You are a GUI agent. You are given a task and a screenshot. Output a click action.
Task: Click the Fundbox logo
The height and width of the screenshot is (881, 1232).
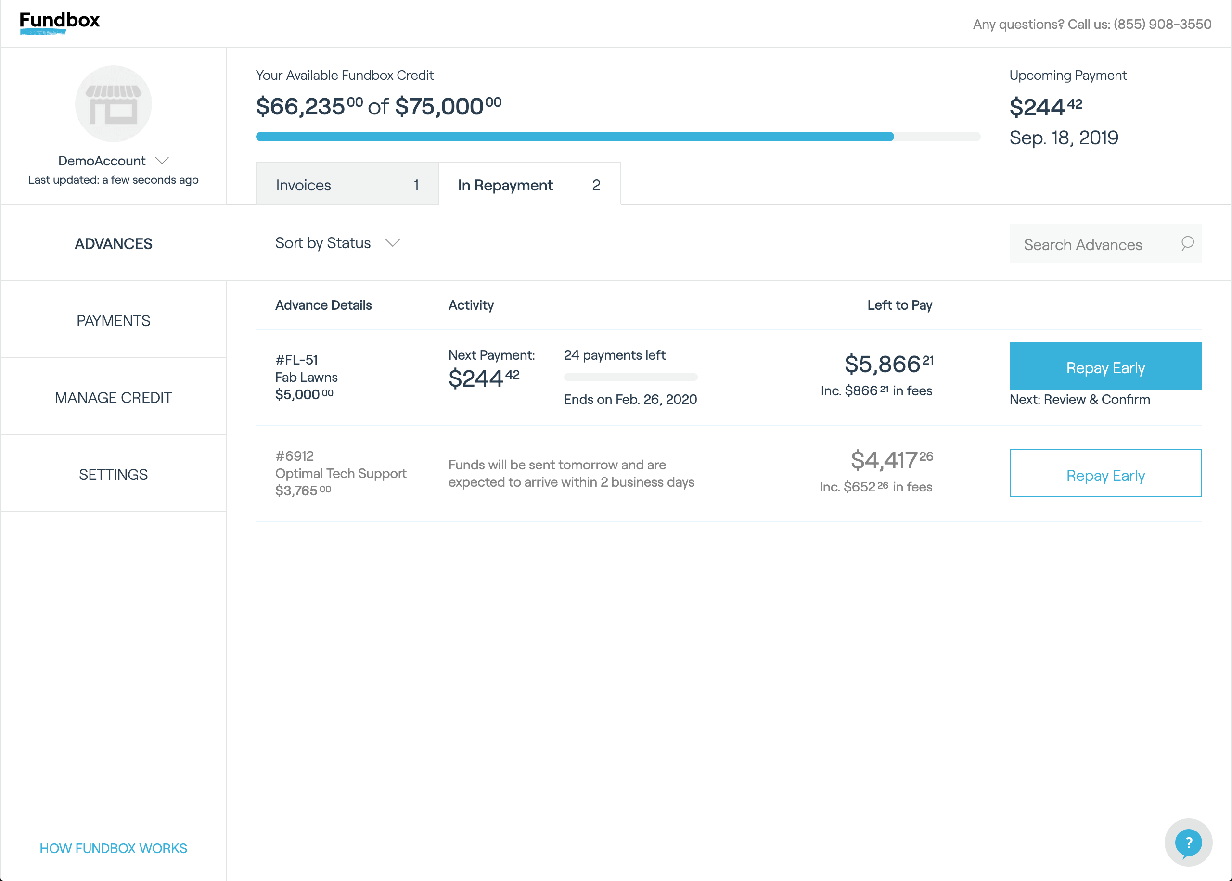(x=60, y=23)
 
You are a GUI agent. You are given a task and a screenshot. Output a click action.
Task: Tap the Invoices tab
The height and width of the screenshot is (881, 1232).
(x=347, y=184)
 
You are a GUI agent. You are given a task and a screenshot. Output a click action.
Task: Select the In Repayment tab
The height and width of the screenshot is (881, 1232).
(x=529, y=184)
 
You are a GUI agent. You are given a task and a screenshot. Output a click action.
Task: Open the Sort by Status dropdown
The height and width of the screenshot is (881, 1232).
(x=337, y=243)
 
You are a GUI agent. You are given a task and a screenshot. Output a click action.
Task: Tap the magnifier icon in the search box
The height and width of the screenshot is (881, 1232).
(x=1187, y=243)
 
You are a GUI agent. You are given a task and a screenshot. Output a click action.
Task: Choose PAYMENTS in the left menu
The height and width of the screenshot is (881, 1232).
(x=114, y=321)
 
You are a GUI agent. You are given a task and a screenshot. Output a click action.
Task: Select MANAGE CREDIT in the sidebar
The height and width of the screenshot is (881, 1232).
(x=114, y=398)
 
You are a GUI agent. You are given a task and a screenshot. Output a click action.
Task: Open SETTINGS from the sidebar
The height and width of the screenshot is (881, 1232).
(x=114, y=475)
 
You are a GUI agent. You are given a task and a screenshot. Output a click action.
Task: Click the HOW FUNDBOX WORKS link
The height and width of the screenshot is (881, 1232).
(x=114, y=848)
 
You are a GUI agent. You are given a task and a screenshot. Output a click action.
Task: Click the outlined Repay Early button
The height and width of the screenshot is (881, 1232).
(x=1105, y=473)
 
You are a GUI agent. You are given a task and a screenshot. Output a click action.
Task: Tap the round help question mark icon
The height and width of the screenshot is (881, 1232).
(x=1189, y=843)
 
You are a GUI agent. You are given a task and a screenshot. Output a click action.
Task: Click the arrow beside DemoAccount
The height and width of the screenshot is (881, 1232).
(x=162, y=161)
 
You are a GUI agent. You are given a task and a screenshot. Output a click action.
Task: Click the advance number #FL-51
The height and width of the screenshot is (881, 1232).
(x=296, y=360)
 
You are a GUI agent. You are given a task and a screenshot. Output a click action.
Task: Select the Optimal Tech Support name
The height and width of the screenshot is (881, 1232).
(x=341, y=474)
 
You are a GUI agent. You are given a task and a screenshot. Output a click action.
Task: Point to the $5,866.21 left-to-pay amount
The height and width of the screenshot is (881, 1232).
(x=889, y=364)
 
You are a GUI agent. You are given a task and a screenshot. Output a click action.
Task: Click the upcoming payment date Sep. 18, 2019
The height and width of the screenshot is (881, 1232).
(x=1064, y=138)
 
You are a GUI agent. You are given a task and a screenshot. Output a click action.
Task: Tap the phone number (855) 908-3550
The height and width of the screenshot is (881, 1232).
(x=1163, y=25)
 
